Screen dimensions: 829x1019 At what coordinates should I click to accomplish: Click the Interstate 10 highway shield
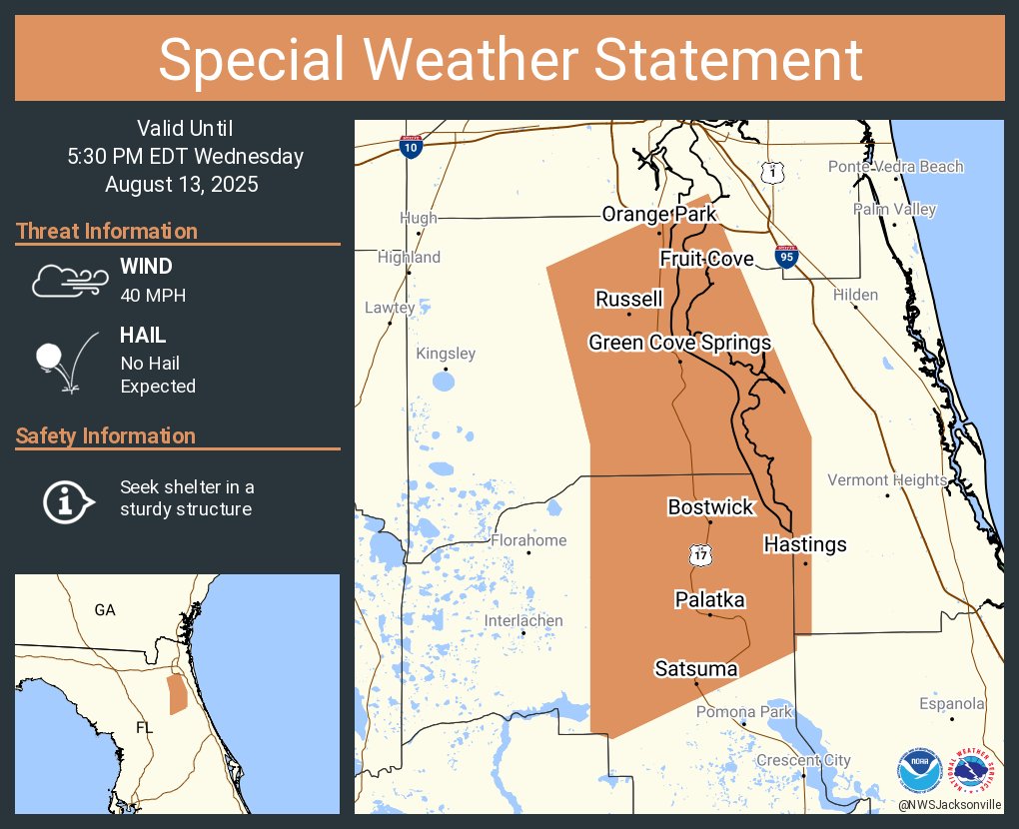(x=410, y=147)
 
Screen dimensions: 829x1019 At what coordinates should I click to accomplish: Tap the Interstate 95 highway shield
(x=786, y=258)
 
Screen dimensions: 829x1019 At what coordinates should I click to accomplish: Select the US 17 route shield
(x=701, y=554)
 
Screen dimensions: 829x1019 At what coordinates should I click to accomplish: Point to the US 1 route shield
(x=772, y=173)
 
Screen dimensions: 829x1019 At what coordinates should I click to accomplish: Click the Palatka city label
(x=709, y=599)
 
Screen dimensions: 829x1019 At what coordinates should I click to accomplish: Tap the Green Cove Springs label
(x=679, y=343)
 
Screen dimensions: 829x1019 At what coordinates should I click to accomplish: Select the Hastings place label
(x=805, y=544)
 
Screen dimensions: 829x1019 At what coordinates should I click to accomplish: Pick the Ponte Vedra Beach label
(x=895, y=167)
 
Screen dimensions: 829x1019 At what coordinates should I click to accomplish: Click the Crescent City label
(x=803, y=760)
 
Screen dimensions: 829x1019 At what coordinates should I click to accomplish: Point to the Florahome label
(x=527, y=540)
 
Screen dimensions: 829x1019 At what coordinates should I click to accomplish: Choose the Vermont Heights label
(x=887, y=480)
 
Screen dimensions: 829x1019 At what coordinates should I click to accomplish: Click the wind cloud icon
(x=67, y=281)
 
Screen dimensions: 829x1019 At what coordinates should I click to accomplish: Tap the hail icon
(x=66, y=361)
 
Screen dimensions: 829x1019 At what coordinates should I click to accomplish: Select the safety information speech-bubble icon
(x=67, y=499)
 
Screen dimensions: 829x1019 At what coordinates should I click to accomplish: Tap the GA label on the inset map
(x=105, y=609)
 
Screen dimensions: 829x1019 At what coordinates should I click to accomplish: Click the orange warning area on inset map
(x=177, y=694)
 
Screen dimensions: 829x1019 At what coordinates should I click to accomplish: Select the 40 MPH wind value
(x=153, y=295)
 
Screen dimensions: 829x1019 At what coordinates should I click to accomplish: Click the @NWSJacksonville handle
(x=949, y=804)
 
